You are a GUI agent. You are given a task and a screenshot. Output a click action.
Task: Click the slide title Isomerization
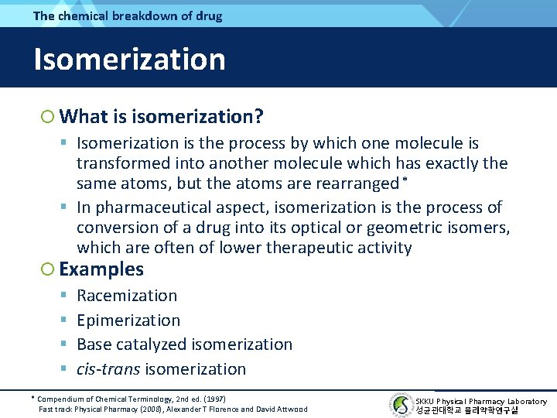(x=129, y=60)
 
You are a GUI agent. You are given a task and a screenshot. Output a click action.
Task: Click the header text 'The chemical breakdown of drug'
(x=128, y=15)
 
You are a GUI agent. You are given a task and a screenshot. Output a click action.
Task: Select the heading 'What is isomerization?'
(x=161, y=117)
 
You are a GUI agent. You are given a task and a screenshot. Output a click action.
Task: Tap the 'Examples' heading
(x=101, y=269)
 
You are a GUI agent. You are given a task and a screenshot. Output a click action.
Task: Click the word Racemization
(x=127, y=296)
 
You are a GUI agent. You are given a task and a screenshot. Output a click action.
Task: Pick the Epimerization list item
(x=128, y=320)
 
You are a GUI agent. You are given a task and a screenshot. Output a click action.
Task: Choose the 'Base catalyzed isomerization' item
(x=184, y=344)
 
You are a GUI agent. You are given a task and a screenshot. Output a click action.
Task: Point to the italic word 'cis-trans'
(x=108, y=369)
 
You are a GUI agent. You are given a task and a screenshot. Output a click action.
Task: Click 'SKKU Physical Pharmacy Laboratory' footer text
(x=481, y=401)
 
